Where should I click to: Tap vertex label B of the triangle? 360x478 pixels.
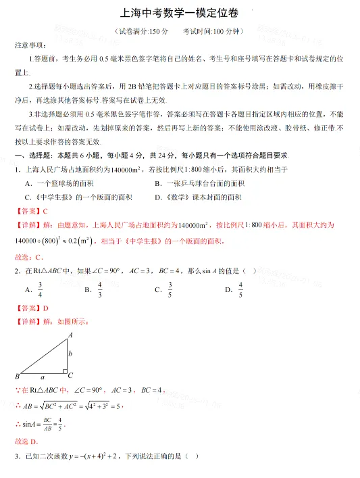17,376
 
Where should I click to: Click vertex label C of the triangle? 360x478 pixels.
70,375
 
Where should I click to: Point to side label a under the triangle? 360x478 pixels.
43,377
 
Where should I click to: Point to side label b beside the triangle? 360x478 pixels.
70,354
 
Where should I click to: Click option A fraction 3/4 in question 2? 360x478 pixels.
41,289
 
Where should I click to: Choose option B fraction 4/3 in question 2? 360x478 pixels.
100,289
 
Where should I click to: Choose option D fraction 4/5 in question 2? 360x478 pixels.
240,289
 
